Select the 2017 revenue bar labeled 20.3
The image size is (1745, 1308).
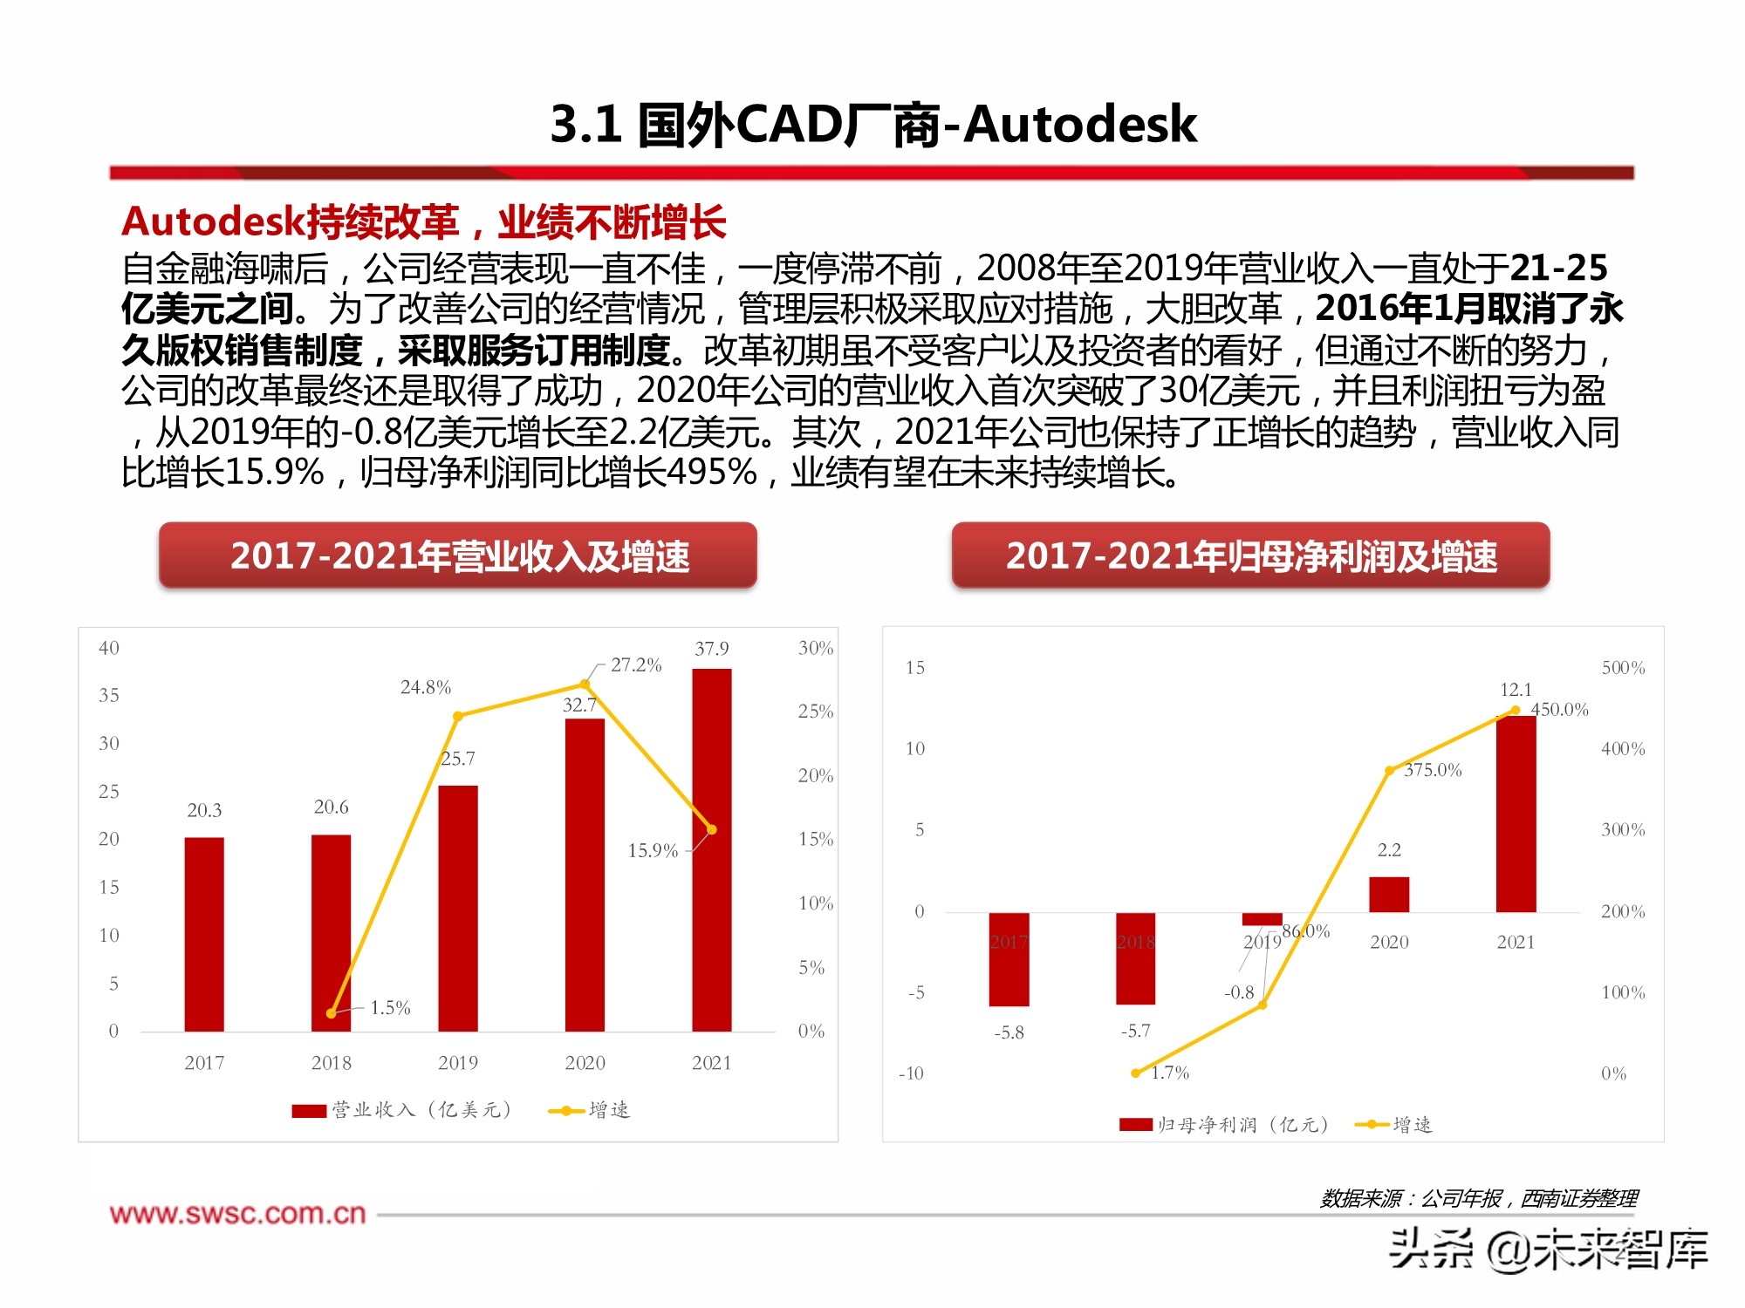click(x=204, y=934)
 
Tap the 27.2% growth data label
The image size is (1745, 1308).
click(x=636, y=665)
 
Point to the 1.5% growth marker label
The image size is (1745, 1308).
click(x=390, y=1008)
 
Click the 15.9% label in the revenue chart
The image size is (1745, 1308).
click(x=653, y=850)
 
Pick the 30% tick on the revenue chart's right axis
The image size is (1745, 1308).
click(x=815, y=648)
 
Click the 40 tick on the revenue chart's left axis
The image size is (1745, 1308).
click(x=109, y=648)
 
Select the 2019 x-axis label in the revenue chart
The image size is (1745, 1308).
click(x=458, y=1063)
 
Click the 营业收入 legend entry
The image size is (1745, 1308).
click(x=401, y=1110)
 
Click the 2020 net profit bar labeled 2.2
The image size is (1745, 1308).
click(x=1389, y=895)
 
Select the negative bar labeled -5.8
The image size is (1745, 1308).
click(x=1009, y=959)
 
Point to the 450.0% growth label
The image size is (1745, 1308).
click(x=1560, y=710)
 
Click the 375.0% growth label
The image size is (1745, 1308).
click(x=1433, y=770)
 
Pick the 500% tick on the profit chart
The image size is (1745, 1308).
click(x=1623, y=668)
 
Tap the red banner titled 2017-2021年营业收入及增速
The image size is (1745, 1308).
click(x=458, y=555)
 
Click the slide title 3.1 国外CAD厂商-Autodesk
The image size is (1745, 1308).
click(x=872, y=124)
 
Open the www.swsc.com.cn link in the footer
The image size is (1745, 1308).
click(x=237, y=1214)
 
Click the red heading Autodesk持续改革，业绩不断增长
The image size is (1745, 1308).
click(x=424, y=221)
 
